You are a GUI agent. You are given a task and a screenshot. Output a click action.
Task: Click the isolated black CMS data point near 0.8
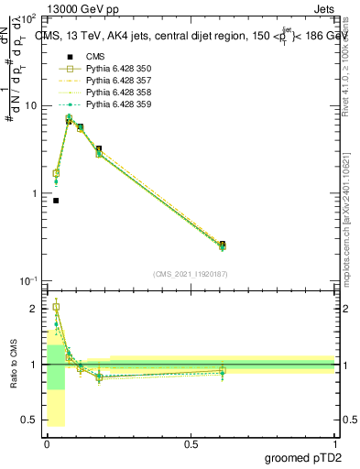pos(56,201)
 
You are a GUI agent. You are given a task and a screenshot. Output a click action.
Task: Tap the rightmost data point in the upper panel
pos(223,245)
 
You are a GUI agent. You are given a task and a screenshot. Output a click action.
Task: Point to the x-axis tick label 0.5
pos(191,443)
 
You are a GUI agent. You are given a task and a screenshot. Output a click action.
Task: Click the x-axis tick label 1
pos(334,443)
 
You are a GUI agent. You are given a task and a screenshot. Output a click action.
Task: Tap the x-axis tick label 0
pos(47,443)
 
